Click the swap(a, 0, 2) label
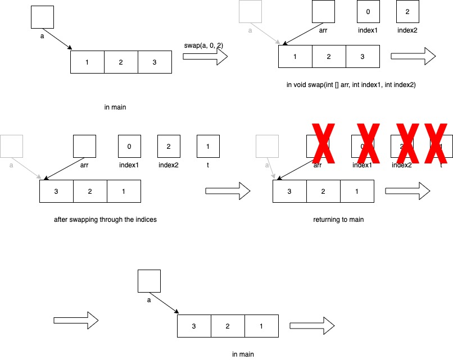pos(205,45)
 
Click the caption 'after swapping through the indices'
pos(105,220)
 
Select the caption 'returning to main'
pos(338,220)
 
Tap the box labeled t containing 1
pos(208,146)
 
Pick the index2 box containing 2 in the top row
pos(407,11)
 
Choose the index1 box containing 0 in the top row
pos(368,11)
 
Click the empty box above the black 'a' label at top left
pos(42,17)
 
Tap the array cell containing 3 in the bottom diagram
pos(194,326)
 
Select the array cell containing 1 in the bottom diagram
pos(261,326)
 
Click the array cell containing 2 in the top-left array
pos(121,62)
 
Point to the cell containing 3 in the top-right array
pos(363,56)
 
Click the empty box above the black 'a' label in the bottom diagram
pos(149,281)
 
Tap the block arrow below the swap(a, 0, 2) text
pos(205,56)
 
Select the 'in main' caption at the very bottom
pos(243,354)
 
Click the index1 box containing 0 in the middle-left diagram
pos(129,146)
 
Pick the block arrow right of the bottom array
pos(312,326)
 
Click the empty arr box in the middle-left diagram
pos(84,146)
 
